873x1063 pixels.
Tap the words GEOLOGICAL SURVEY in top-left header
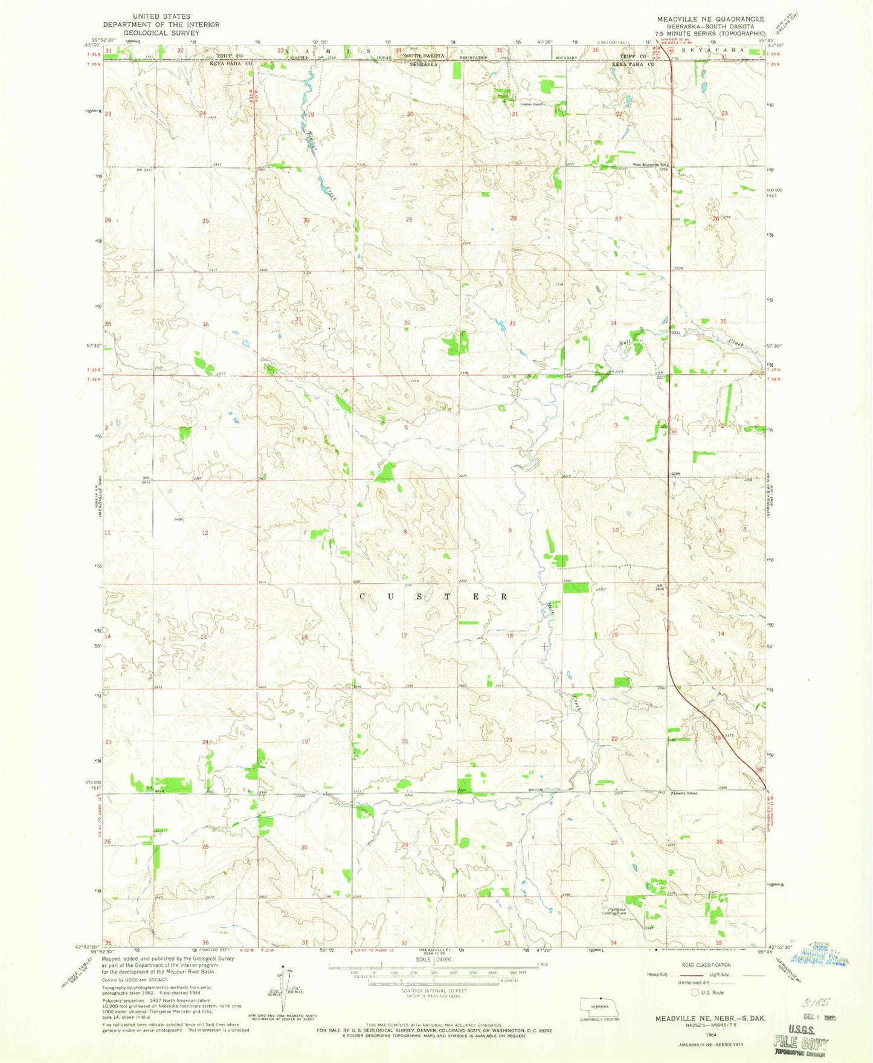pos(161,33)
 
